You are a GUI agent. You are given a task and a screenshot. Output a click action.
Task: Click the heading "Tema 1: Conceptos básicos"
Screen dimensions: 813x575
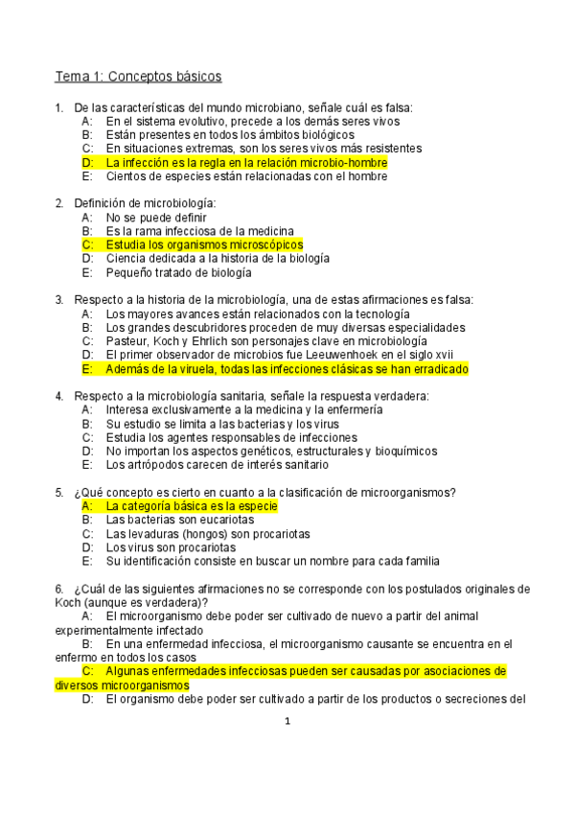tap(138, 75)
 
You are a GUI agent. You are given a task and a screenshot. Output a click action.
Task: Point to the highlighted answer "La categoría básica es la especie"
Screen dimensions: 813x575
tap(191, 505)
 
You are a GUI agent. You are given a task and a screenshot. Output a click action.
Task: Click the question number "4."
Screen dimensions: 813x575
tap(59, 396)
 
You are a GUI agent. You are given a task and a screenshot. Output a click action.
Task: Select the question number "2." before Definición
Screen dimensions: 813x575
tap(59, 203)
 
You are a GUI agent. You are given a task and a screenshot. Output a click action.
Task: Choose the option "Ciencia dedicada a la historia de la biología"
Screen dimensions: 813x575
tap(218, 258)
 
